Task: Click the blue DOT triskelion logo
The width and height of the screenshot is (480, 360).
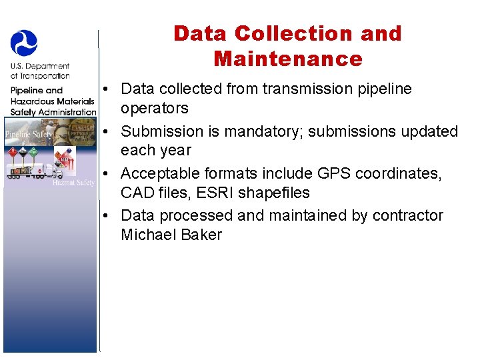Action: [24, 43]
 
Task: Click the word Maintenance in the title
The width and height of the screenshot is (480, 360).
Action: [288, 59]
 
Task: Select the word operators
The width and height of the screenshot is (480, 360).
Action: [155, 108]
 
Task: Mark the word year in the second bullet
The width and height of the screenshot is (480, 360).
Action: [175, 151]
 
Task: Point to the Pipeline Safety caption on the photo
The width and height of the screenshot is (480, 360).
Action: [29, 134]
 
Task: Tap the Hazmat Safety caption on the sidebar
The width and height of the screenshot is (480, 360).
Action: [73, 182]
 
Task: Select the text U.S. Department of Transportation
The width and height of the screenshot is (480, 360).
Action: [40, 71]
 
